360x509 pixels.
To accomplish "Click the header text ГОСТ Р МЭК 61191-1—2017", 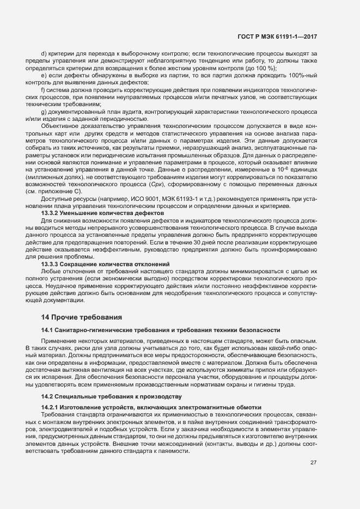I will pyautogui.click(x=278, y=36).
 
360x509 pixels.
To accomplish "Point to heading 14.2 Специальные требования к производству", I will pyautogui.click(x=112, y=396).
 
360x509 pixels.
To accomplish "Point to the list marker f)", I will pyautogui.click(x=43, y=89).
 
